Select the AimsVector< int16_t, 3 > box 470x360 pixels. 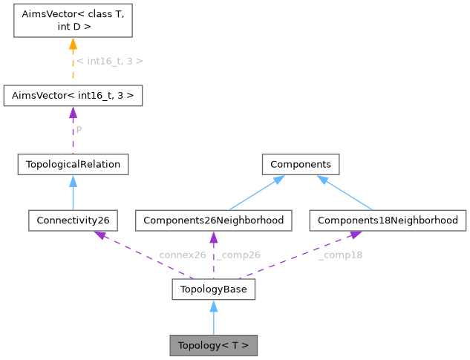click(73, 96)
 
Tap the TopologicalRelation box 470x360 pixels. click(73, 164)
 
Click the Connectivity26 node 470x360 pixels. click(73, 220)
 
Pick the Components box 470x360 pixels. click(300, 164)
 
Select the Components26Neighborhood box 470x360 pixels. click(214, 220)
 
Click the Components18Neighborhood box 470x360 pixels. click(387, 220)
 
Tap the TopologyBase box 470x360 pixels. click(214, 289)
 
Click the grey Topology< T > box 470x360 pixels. click(214, 345)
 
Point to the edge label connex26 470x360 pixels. click(182, 255)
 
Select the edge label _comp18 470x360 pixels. click(340, 255)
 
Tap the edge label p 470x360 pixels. click(79, 129)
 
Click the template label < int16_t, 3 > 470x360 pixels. click(110, 61)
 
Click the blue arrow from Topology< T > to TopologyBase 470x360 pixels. click(214, 318)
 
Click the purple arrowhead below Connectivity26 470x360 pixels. click(98, 235)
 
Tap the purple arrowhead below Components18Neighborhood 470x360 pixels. click(356, 235)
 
